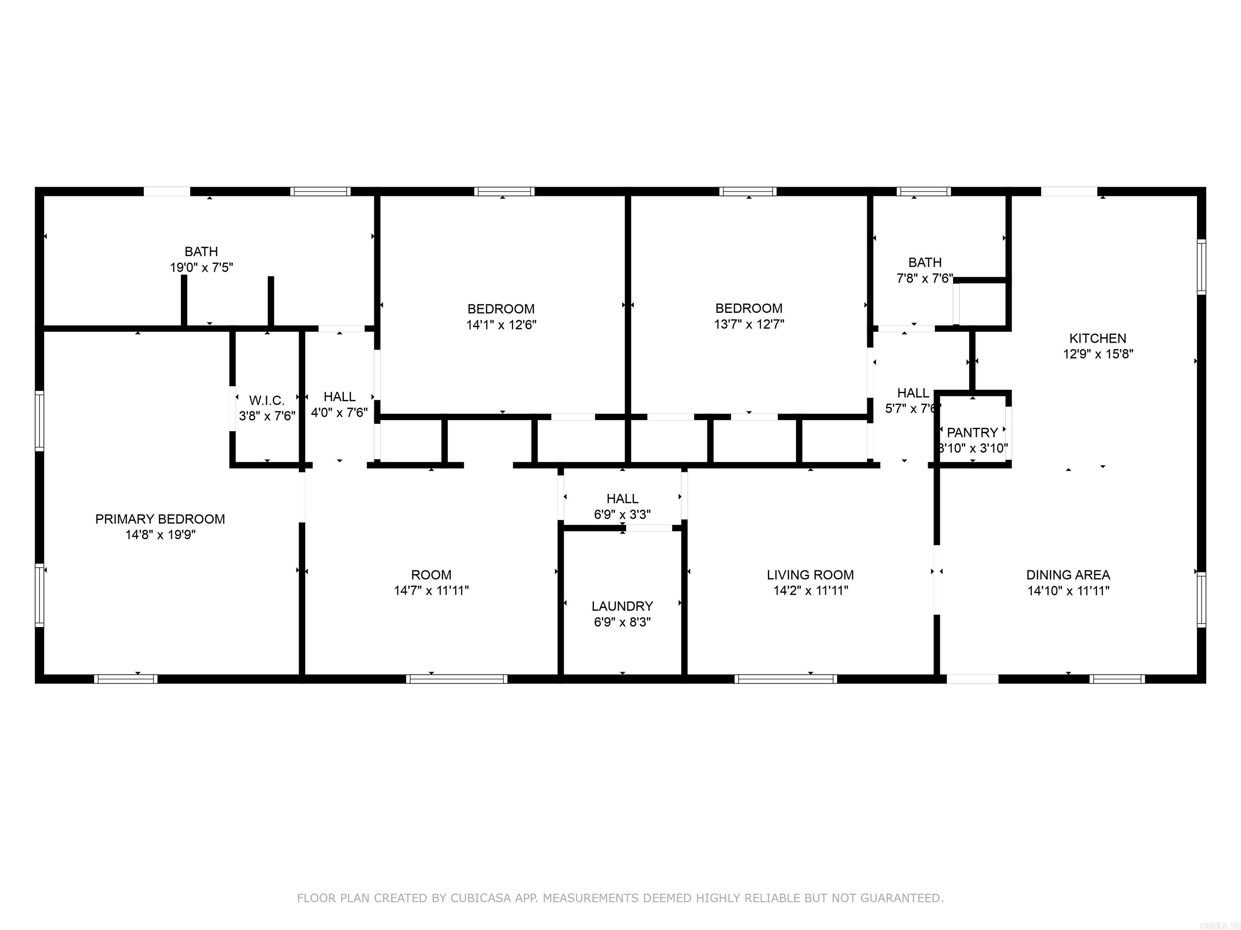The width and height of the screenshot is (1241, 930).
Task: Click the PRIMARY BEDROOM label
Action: coord(160,519)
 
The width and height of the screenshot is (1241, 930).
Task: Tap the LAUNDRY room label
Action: coord(622,606)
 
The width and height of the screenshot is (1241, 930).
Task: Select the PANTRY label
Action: coord(972,433)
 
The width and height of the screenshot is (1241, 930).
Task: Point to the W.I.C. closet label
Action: coord(267,400)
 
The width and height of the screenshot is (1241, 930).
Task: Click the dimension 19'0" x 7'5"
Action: coord(202,267)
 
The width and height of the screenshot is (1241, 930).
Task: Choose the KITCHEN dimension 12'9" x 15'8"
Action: coord(1098,354)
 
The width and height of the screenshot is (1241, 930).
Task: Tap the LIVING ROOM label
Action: coord(810,575)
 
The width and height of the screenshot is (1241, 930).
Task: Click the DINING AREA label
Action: coord(1068,575)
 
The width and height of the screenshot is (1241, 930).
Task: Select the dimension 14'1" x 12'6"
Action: coord(501,325)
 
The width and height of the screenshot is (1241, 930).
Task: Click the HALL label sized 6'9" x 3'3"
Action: coord(622,499)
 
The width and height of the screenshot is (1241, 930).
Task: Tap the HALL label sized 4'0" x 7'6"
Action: coord(339,397)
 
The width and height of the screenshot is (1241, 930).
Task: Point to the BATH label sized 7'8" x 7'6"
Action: coord(925,262)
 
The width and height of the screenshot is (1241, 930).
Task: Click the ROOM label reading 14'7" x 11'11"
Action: coord(431,575)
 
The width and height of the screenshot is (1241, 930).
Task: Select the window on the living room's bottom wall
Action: coord(785,679)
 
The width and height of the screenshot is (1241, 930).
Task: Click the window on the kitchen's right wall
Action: coord(1201,267)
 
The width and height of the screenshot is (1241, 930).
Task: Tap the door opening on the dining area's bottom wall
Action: coord(972,679)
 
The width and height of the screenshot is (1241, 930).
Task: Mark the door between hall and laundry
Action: coord(649,528)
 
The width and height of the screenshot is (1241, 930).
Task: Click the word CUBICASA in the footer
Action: coord(480,898)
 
